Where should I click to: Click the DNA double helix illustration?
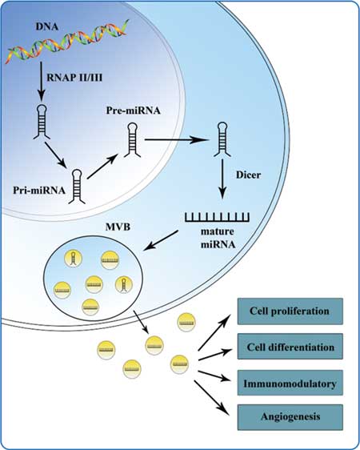67,42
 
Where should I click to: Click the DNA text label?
46,26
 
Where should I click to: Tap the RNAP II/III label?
74,78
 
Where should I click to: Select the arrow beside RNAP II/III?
42,81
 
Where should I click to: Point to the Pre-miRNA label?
134,110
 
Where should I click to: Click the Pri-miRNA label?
39,191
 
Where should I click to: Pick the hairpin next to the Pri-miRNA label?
77,187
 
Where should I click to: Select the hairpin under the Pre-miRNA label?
132,140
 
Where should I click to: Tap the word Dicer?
249,175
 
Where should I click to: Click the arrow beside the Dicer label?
222,179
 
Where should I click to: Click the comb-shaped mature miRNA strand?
217,217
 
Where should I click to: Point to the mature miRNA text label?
218,238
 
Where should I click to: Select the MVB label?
118,227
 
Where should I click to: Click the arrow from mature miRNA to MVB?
161,240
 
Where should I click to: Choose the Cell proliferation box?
290,311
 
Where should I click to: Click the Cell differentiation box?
290,347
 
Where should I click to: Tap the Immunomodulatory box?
290,383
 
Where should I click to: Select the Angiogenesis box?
290,417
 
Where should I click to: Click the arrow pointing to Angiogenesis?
212,398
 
